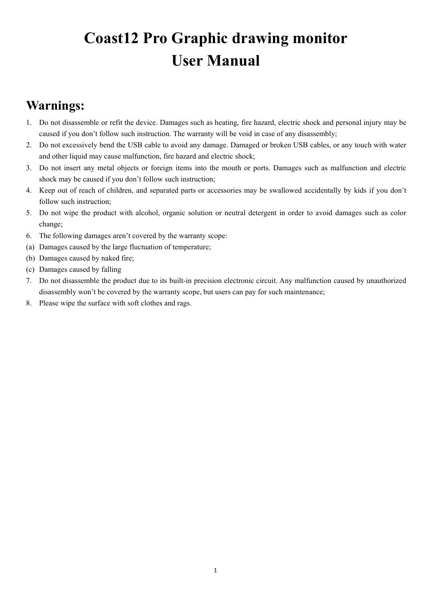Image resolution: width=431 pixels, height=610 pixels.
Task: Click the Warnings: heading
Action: pyautogui.click(x=55, y=106)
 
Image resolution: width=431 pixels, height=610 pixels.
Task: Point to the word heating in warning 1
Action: pyautogui.click(x=227, y=123)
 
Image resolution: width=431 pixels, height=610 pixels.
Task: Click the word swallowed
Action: pyautogui.click(x=285, y=190)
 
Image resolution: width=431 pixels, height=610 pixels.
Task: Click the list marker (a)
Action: pyautogui.click(x=30, y=247)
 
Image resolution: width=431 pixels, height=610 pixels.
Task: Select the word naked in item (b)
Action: pyautogui.click(x=110, y=258)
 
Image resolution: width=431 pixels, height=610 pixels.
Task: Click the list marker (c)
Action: pyautogui.click(x=30, y=270)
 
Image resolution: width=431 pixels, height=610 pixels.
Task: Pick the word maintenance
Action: pyautogui.click(x=303, y=292)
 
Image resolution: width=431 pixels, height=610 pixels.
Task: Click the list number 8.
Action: pyautogui.click(x=29, y=303)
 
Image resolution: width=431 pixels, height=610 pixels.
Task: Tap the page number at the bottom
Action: pyautogui.click(x=215, y=570)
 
